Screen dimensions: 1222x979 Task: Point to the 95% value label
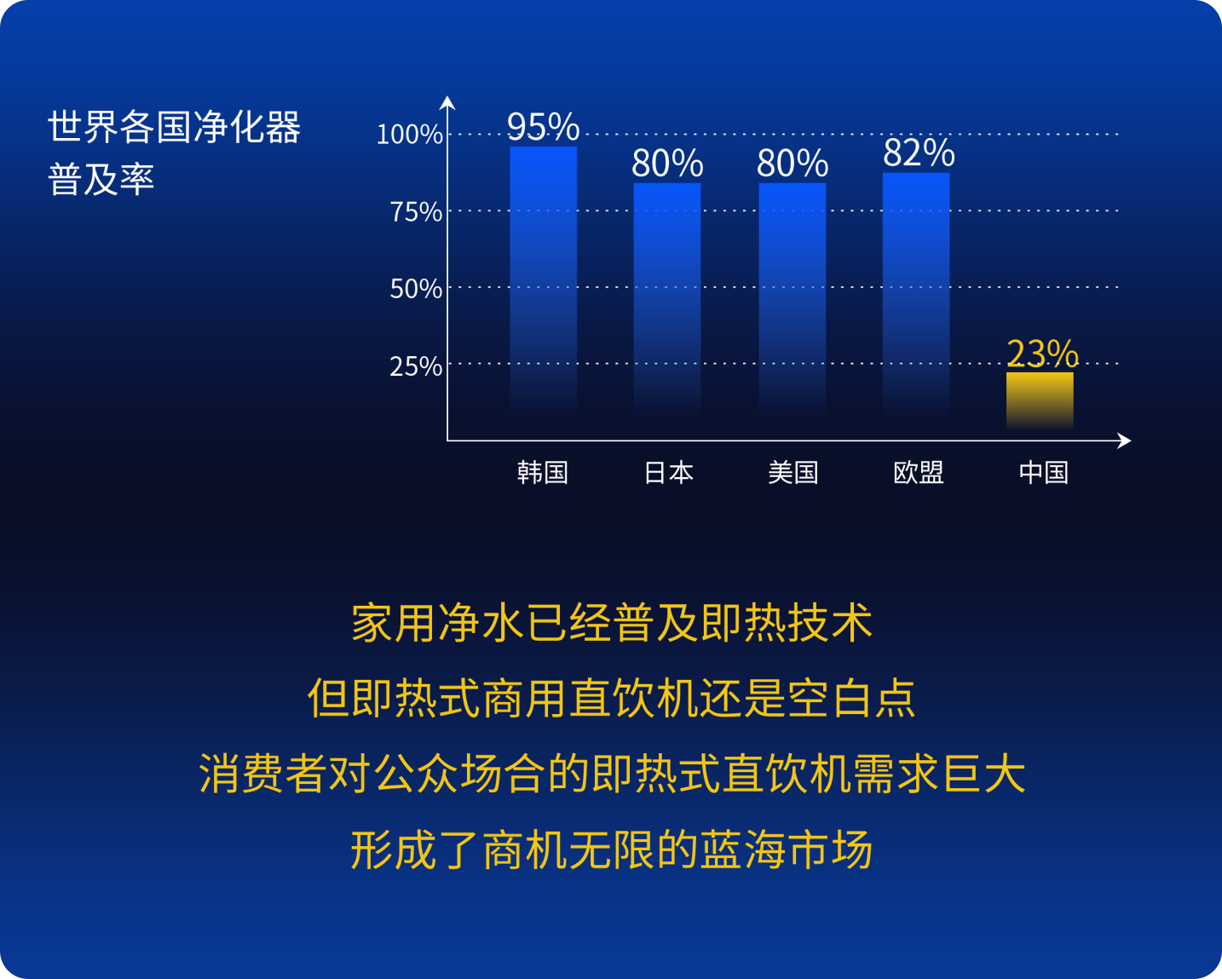pyautogui.click(x=544, y=126)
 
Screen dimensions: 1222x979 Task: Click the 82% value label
pyautogui.click(x=919, y=153)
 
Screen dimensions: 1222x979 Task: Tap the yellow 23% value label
pyautogui.click(x=1042, y=354)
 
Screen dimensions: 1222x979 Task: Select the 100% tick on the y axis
pyautogui.click(x=409, y=135)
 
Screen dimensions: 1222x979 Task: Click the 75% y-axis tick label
pyautogui.click(x=416, y=212)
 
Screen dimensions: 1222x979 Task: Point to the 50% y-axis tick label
pyautogui.click(x=416, y=289)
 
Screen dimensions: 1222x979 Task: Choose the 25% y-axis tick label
pyautogui.click(x=416, y=366)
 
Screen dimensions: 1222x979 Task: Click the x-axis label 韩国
pyautogui.click(x=543, y=473)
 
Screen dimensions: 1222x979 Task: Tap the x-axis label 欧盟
pyautogui.click(x=918, y=473)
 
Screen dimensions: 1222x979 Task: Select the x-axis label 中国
pyautogui.click(x=1044, y=473)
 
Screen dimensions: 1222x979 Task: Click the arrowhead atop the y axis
pyautogui.click(x=447, y=102)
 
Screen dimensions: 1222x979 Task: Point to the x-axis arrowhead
pyautogui.click(x=1124, y=441)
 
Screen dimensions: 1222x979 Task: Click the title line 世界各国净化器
pyautogui.click(x=175, y=127)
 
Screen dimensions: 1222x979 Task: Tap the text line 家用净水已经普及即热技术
pyautogui.click(x=612, y=623)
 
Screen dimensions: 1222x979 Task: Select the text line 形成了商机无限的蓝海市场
pyautogui.click(x=612, y=850)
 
